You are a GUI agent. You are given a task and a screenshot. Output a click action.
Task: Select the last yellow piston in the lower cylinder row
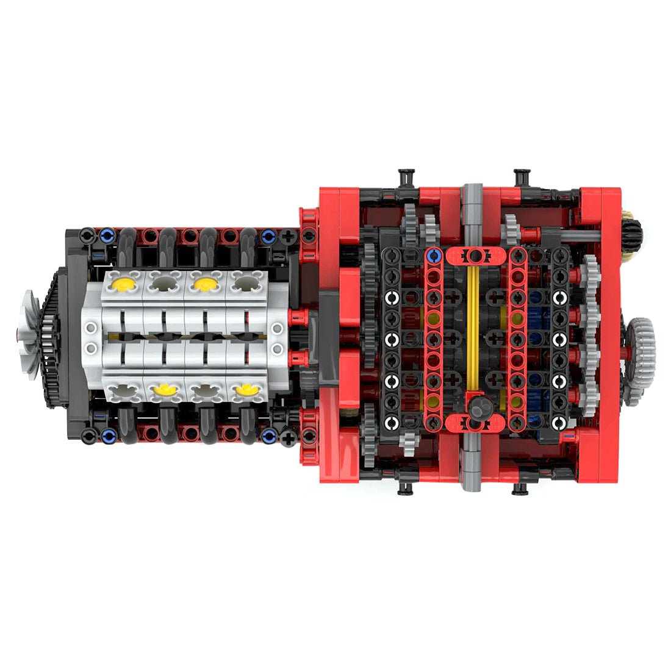[x=245, y=388]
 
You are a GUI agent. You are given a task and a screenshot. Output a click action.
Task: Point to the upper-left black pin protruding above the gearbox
[x=405, y=176]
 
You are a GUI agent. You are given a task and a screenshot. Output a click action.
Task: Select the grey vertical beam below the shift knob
[x=473, y=464]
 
